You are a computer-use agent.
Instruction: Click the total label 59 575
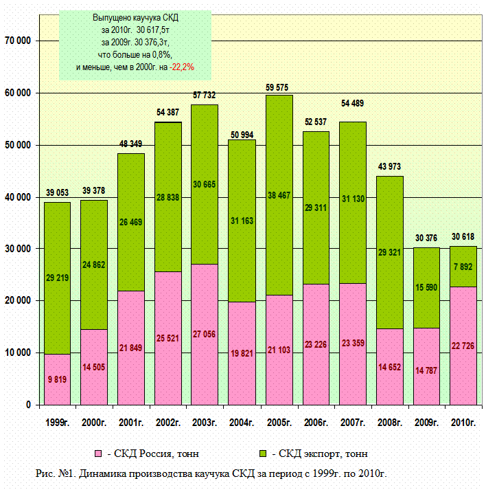[x=279, y=87]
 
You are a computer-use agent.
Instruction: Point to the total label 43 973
[x=390, y=167]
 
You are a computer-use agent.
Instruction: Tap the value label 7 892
[x=463, y=267]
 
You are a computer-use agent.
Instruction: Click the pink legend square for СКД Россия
[x=98, y=454]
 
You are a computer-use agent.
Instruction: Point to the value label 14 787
[x=426, y=371]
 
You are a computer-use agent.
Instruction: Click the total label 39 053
[x=58, y=194]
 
